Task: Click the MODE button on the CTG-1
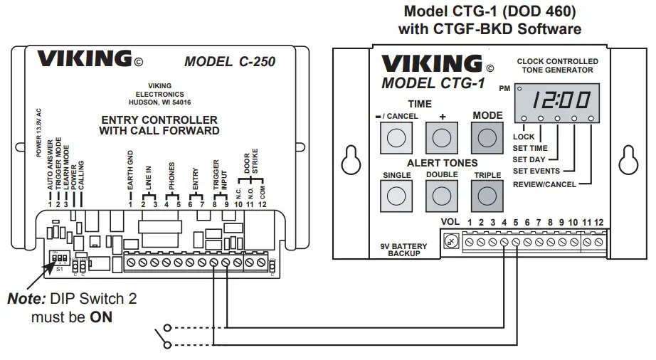487,137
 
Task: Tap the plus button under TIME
441,137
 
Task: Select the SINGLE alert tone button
397,194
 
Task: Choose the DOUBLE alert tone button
441,194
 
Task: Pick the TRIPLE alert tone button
487,194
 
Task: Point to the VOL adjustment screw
450,242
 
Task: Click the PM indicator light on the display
519,89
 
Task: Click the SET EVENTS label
535,171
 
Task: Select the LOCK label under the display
523,137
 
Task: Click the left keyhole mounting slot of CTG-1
348,160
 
